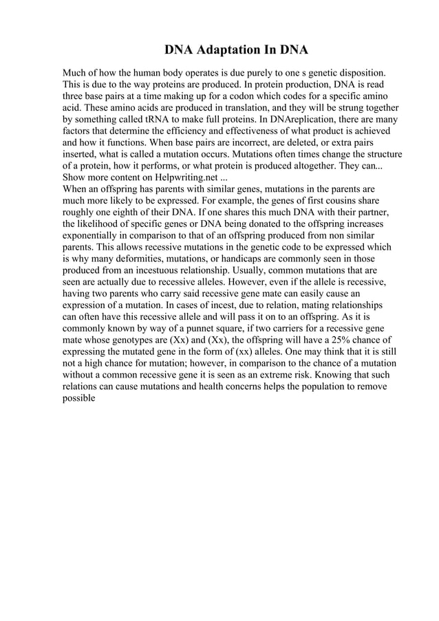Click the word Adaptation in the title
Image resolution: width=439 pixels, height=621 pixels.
(224, 51)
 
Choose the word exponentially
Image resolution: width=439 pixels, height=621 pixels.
(94, 235)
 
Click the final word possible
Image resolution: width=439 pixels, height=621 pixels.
(82, 399)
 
